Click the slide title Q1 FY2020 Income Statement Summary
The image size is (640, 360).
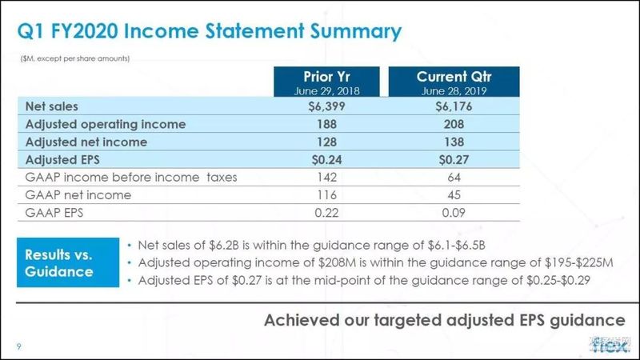pyautogui.click(x=210, y=32)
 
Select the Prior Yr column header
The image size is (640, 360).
pyautogui.click(x=326, y=82)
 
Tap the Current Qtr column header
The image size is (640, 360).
pyautogui.click(x=454, y=82)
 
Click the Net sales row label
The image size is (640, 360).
pyautogui.click(x=51, y=106)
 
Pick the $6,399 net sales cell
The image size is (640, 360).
pyautogui.click(x=326, y=106)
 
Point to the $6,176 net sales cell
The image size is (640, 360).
pyautogui.click(x=454, y=106)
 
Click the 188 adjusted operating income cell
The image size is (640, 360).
pyautogui.click(x=326, y=124)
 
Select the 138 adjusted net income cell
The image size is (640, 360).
pyautogui.click(x=454, y=142)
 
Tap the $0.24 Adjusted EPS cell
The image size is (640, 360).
pyautogui.click(x=326, y=159)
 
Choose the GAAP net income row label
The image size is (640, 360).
pyautogui.click(x=78, y=195)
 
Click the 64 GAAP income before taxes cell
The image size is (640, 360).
pyautogui.click(x=454, y=178)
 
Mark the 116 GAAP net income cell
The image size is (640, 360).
pyautogui.click(x=326, y=195)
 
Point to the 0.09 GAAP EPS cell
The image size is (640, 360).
pyautogui.click(x=454, y=213)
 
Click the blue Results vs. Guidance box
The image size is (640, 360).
pyautogui.click(x=68, y=262)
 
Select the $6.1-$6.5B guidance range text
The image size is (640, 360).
pyautogui.click(x=457, y=246)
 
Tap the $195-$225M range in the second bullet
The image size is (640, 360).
pyautogui.click(x=578, y=262)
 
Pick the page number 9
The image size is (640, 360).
pyautogui.click(x=18, y=346)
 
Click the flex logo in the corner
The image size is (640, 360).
pyautogui.click(x=610, y=346)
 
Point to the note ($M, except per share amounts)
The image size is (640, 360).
pyautogui.click(x=75, y=58)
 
